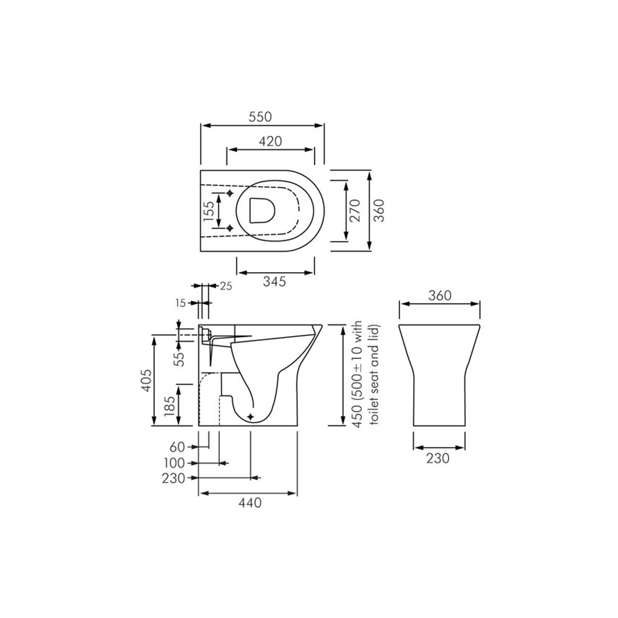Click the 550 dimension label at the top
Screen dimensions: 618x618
260,117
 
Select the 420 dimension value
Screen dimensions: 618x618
270,141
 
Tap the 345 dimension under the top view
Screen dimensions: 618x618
274,282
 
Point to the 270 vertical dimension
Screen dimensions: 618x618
355,211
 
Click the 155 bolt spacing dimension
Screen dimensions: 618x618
209,211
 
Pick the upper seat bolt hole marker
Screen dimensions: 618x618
230,193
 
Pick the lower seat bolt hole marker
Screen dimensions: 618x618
230,228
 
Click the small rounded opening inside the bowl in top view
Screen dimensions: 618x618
262,211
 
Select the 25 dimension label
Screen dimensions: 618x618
226,286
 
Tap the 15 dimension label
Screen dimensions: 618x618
180,303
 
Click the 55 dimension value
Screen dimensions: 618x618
180,359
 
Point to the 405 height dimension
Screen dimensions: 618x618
146,380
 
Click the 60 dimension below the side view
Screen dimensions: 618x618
177,447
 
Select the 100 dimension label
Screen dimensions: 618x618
174,463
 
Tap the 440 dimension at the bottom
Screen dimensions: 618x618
250,503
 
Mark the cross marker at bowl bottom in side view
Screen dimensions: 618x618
251,417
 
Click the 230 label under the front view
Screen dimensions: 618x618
438,458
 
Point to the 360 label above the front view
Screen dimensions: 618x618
440,295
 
